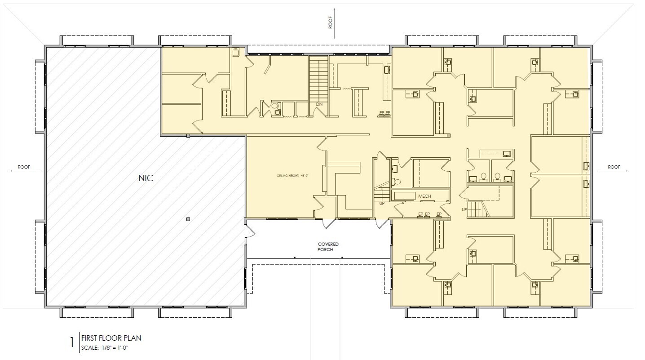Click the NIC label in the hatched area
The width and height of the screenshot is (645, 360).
[146, 178]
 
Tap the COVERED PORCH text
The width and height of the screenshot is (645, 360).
[331, 247]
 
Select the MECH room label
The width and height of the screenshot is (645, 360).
[424, 196]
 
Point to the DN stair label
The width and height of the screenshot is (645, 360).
[319, 104]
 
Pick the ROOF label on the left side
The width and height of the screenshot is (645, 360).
[23, 167]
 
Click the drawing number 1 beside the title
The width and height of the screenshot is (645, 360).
[72, 343]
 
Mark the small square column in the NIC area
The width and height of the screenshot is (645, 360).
[189, 219]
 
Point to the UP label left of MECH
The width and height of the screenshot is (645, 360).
[382, 204]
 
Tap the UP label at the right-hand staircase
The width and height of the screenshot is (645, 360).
[464, 210]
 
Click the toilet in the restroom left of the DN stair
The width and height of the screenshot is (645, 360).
[274, 106]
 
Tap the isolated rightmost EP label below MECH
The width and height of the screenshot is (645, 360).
[439, 214]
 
